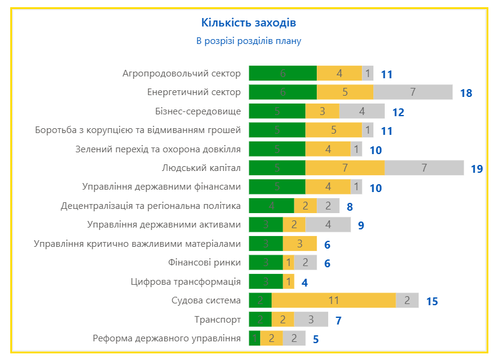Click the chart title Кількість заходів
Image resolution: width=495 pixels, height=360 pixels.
coord(248,23)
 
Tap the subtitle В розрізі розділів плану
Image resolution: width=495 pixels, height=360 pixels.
coord(248,41)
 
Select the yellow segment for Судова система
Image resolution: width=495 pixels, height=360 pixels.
coord(334,300)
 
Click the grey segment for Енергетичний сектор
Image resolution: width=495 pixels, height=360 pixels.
coord(412,92)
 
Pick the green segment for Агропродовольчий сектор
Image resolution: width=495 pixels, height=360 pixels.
coord(282,73)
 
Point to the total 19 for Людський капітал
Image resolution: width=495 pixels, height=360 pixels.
coord(477,169)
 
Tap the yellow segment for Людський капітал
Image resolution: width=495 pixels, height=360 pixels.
coord(344,168)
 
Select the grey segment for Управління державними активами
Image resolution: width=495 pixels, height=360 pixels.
coord(328,225)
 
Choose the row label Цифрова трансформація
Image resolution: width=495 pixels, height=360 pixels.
coord(185,282)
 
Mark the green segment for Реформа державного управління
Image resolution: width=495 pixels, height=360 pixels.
coord(254,338)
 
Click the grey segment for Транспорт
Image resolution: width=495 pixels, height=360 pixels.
coord(311,319)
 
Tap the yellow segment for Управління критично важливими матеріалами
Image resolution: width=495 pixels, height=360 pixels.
coord(299,244)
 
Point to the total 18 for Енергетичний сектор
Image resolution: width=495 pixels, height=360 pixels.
coord(465,93)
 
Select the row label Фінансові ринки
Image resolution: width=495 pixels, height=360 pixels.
coord(205,262)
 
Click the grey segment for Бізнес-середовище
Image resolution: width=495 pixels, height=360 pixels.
coord(361,111)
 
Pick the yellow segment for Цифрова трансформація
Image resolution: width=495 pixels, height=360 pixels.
coord(288,281)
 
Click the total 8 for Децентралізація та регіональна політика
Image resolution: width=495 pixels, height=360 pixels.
coord(350,207)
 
